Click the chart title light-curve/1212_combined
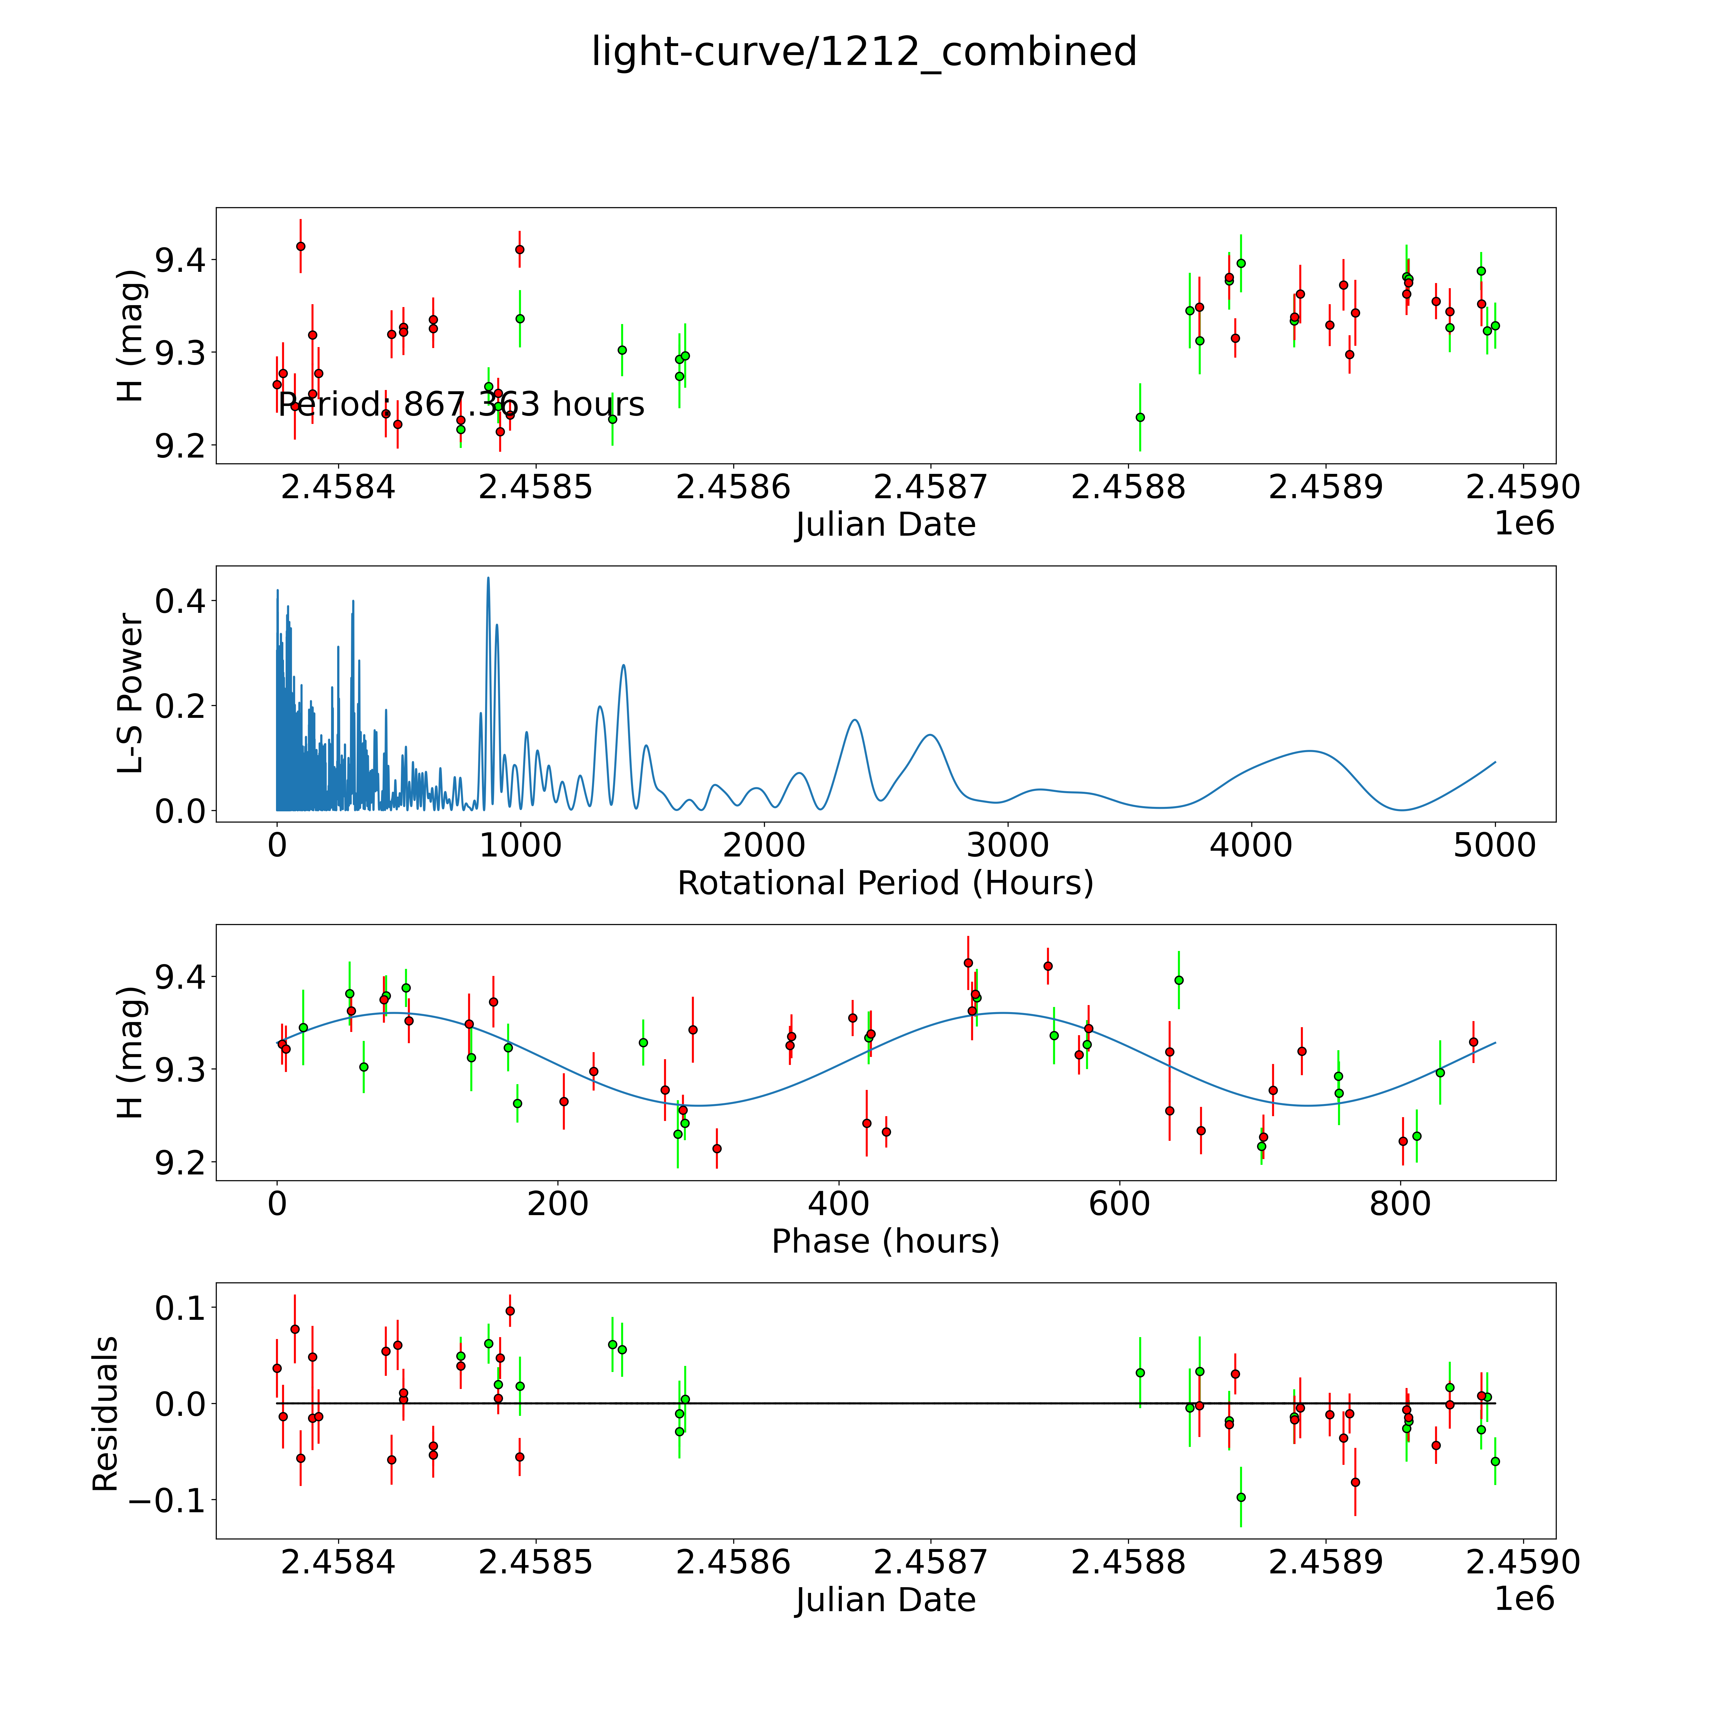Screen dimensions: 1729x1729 tap(864, 52)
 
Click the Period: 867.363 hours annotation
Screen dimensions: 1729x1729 tap(461, 404)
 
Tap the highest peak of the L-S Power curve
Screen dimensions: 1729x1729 tap(488, 577)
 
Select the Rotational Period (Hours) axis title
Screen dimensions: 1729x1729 tap(885, 883)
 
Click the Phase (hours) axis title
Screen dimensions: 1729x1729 tap(885, 1241)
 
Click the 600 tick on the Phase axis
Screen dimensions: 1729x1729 tap(1120, 1204)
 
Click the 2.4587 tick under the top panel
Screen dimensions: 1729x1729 tap(930, 488)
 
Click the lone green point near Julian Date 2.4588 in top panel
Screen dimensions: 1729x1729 tap(1139, 417)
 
